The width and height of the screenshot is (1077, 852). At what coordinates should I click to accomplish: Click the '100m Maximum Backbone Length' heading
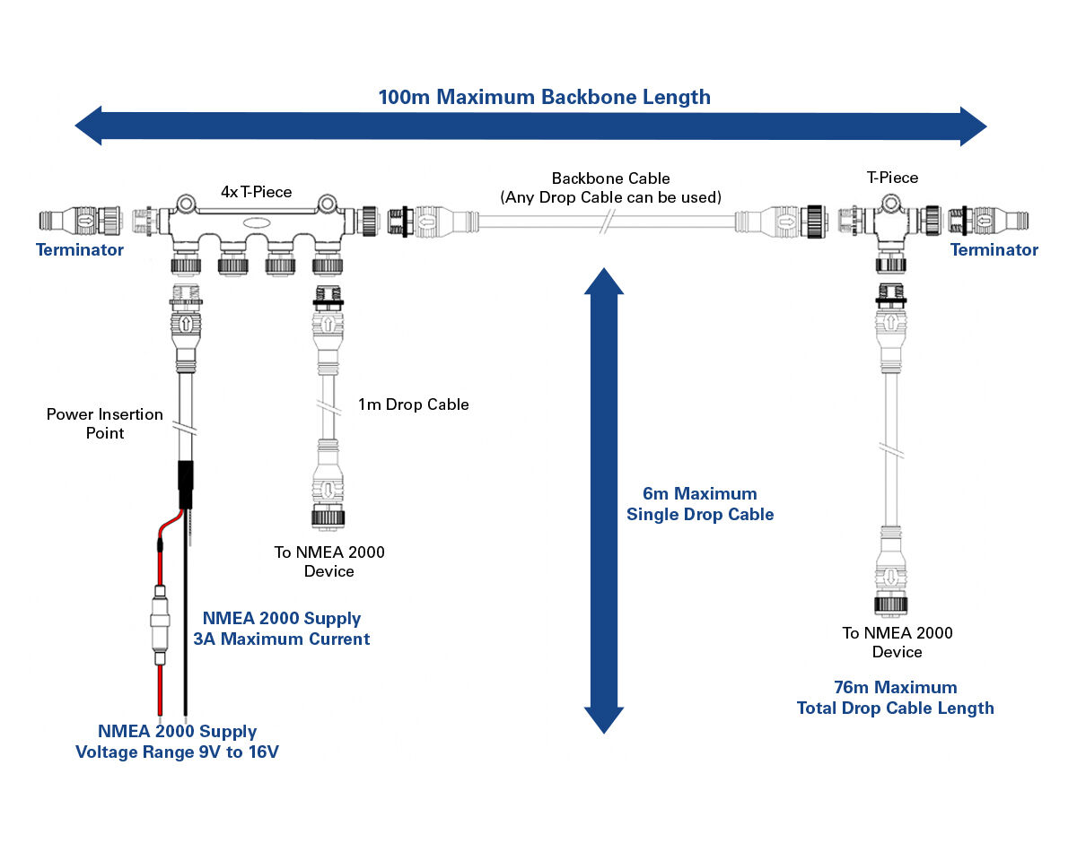[x=545, y=97]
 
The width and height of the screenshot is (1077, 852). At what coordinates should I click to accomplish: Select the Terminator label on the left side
[x=80, y=249]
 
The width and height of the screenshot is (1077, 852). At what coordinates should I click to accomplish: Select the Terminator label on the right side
[x=994, y=249]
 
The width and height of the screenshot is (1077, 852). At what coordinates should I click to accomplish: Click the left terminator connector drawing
[x=81, y=220]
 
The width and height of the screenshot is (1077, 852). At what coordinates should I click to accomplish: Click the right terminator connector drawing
[x=988, y=220]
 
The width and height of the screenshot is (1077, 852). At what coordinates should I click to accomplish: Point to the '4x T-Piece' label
[x=257, y=192]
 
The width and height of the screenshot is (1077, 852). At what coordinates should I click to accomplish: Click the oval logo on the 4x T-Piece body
[x=257, y=223]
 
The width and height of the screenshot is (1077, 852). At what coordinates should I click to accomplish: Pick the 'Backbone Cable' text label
[x=610, y=178]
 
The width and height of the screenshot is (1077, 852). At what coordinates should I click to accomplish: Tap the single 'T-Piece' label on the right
[x=892, y=178]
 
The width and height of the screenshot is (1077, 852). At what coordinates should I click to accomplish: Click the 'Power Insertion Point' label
[x=105, y=423]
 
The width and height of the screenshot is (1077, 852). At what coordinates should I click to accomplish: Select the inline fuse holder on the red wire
[x=160, y=626]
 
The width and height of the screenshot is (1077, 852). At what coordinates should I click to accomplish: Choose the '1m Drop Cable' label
[x=414, y=404]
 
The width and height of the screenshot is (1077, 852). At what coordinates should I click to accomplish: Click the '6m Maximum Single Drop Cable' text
[x=700, y=504]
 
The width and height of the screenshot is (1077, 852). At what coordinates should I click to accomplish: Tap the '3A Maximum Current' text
[x=281, y=639]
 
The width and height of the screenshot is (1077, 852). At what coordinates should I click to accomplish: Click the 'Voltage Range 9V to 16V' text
[x=177, y=752]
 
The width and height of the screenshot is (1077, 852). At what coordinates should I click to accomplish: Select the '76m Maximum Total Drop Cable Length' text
[x=896, y=698]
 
